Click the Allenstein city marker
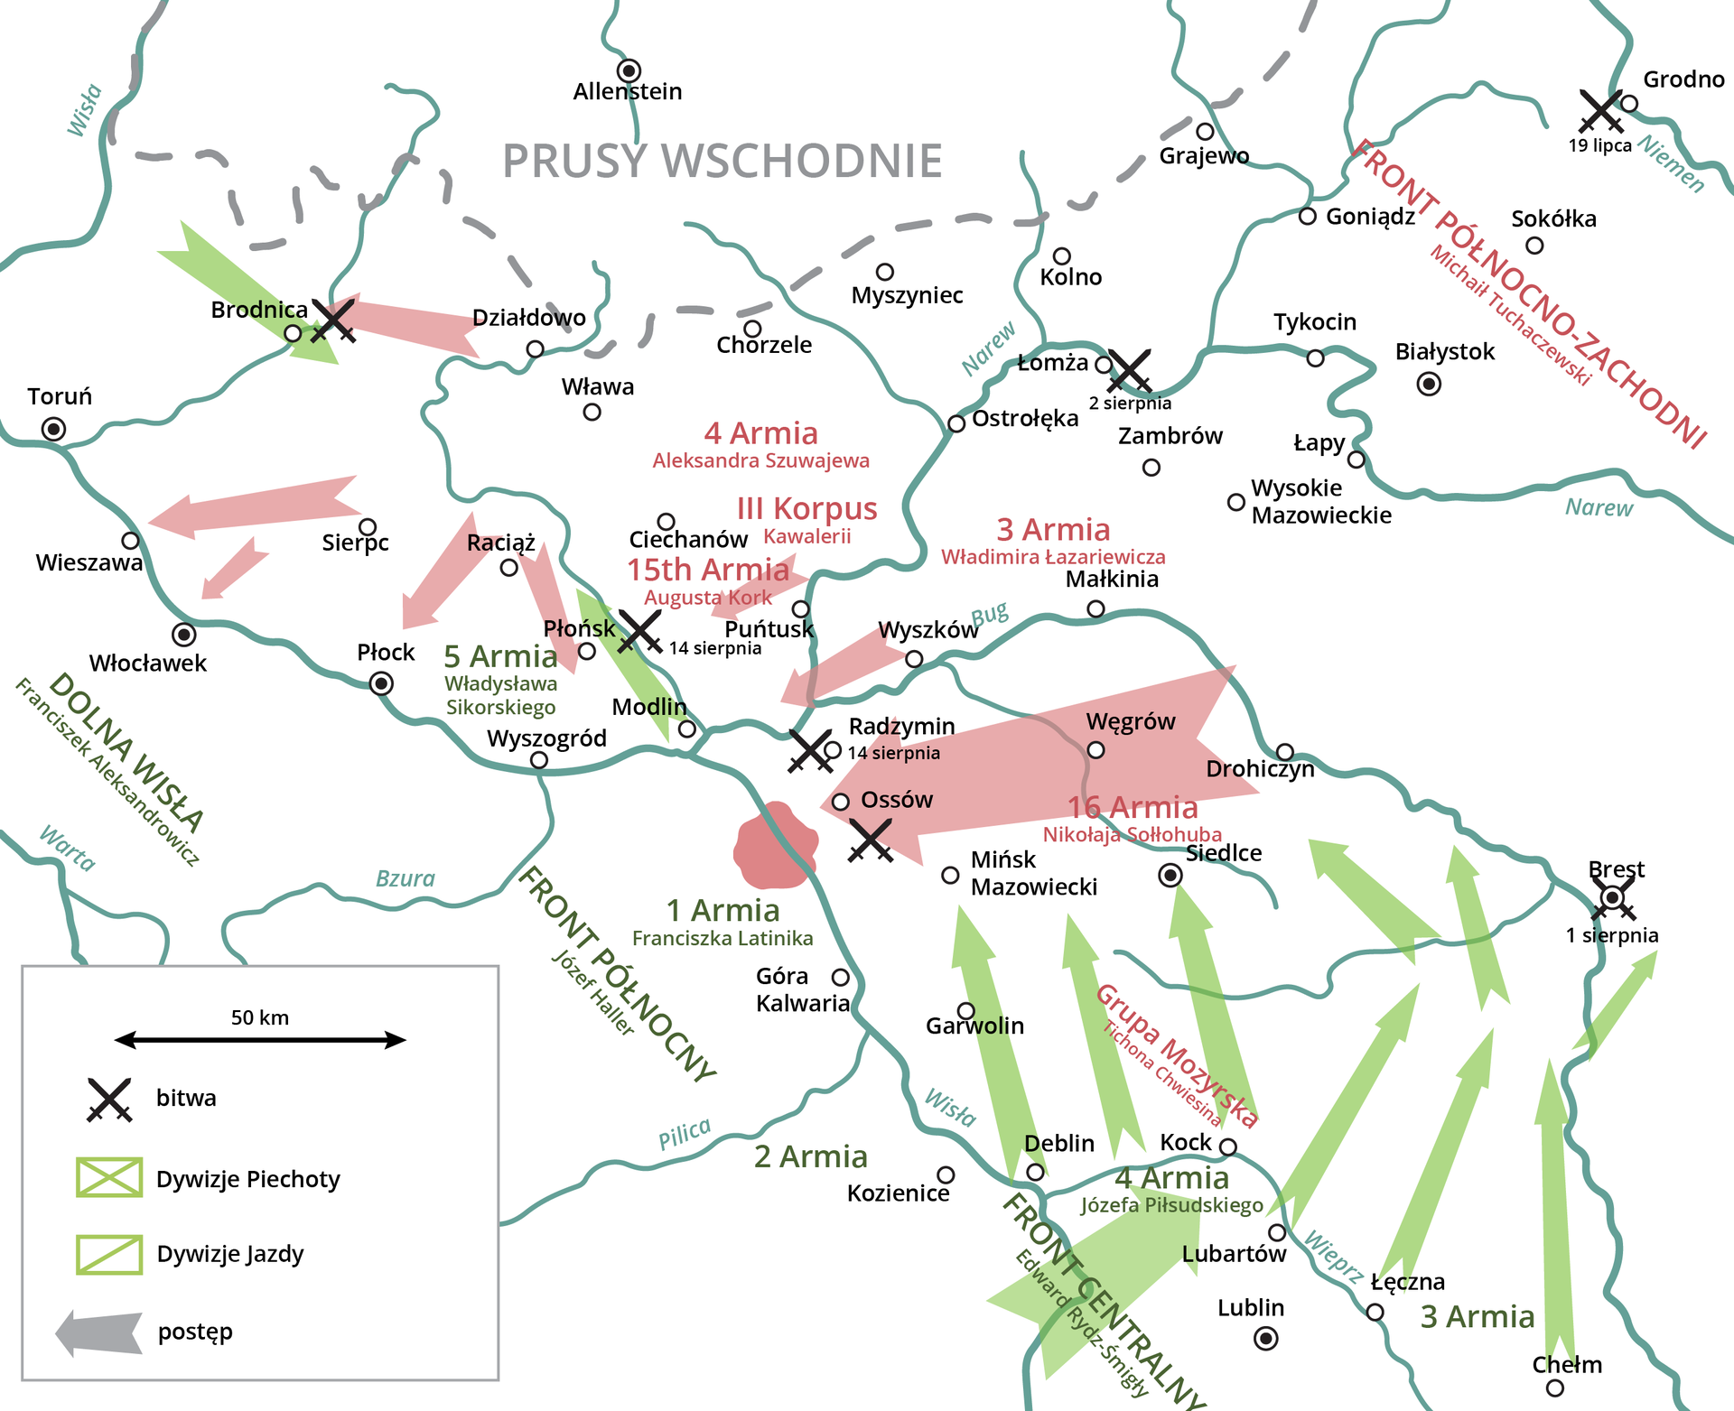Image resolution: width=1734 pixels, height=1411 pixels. (629, 70)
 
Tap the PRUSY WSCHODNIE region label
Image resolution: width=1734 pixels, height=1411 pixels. (722, 162)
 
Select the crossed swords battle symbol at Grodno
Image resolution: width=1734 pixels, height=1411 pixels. (1601, 111)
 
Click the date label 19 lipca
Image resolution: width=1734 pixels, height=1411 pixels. (1599, 146)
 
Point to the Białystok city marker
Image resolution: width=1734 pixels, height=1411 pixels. (1429, 384)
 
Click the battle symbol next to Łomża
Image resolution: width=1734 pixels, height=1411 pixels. (1130, 370)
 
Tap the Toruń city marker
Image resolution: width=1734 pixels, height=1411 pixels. (54, 429)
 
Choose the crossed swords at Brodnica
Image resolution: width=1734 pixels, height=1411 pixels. (333, 320)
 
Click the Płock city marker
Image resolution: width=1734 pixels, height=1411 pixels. (382, 683)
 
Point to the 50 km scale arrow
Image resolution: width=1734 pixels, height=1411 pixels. (260, 1040)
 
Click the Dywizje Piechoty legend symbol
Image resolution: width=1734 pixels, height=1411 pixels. (109, 1177)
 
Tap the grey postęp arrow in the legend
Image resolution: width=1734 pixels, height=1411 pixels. (99, 1333)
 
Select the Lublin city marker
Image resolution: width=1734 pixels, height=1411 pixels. (1266, 1338)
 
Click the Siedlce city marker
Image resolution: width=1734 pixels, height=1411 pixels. (1170, 875)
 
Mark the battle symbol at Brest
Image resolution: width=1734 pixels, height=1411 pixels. (1613, 898)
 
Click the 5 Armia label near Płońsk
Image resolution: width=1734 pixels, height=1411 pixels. (500, 656)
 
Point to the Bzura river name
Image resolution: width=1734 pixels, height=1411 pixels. (405, 878)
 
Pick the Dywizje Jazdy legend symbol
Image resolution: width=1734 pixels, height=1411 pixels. (109, 1254)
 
